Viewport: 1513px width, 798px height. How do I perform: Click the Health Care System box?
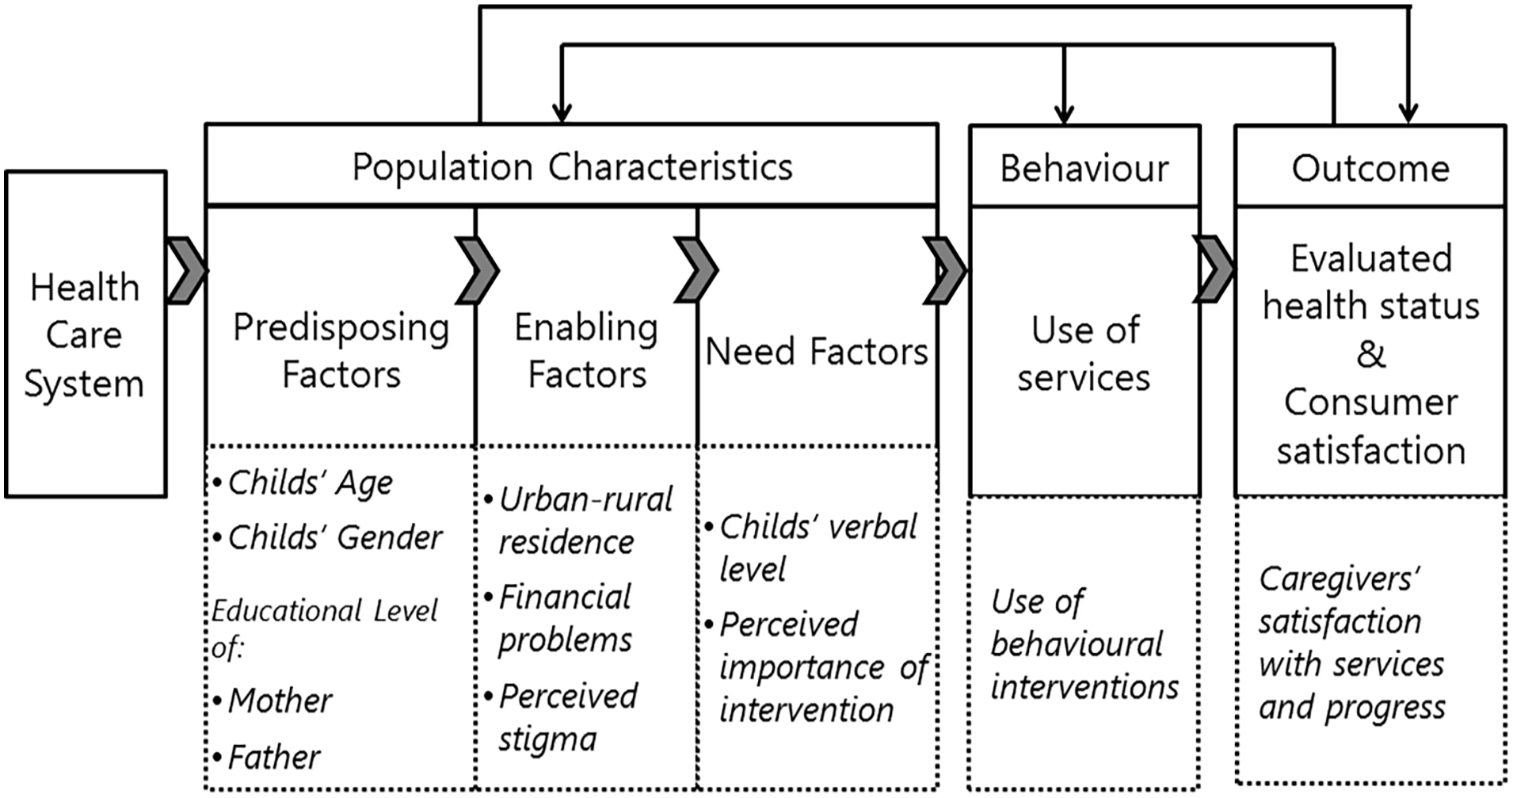click(x=86, y=334)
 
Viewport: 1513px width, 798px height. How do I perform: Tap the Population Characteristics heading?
click(x=572, y=167)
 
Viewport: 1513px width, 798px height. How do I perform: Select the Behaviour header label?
click(x=1084, y=169)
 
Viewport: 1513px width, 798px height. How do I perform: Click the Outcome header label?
click(x=1370, y=169)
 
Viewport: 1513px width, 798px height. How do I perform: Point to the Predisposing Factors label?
click(x=341, y=351)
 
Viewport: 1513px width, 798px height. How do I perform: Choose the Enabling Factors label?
click(x=586, y=351)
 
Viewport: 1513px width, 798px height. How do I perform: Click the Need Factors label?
click(x=817, y=351)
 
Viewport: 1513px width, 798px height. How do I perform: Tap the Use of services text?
click(x=1084, y=353)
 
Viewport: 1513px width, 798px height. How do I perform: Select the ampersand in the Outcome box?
click(x=1371, y=353)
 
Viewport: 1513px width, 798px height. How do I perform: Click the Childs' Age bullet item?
click(x=303, y=483)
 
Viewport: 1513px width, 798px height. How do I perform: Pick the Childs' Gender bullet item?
click(x=327, y=538)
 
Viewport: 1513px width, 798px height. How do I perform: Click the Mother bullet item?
click(x=272, y=701)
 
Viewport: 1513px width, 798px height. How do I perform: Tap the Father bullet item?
click(x=267, y=758)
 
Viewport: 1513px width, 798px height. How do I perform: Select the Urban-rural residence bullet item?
click(x=578, y=521)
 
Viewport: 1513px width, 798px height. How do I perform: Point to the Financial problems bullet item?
click(x=558, y=618)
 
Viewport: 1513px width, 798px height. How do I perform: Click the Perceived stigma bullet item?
click(x=561, y=718)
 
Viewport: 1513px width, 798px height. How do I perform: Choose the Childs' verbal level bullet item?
click(x=811, y=548)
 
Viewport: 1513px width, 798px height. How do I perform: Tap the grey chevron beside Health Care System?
click(x=187, y=270)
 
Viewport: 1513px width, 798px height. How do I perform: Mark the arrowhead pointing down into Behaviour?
click(x=1064, y=114)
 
